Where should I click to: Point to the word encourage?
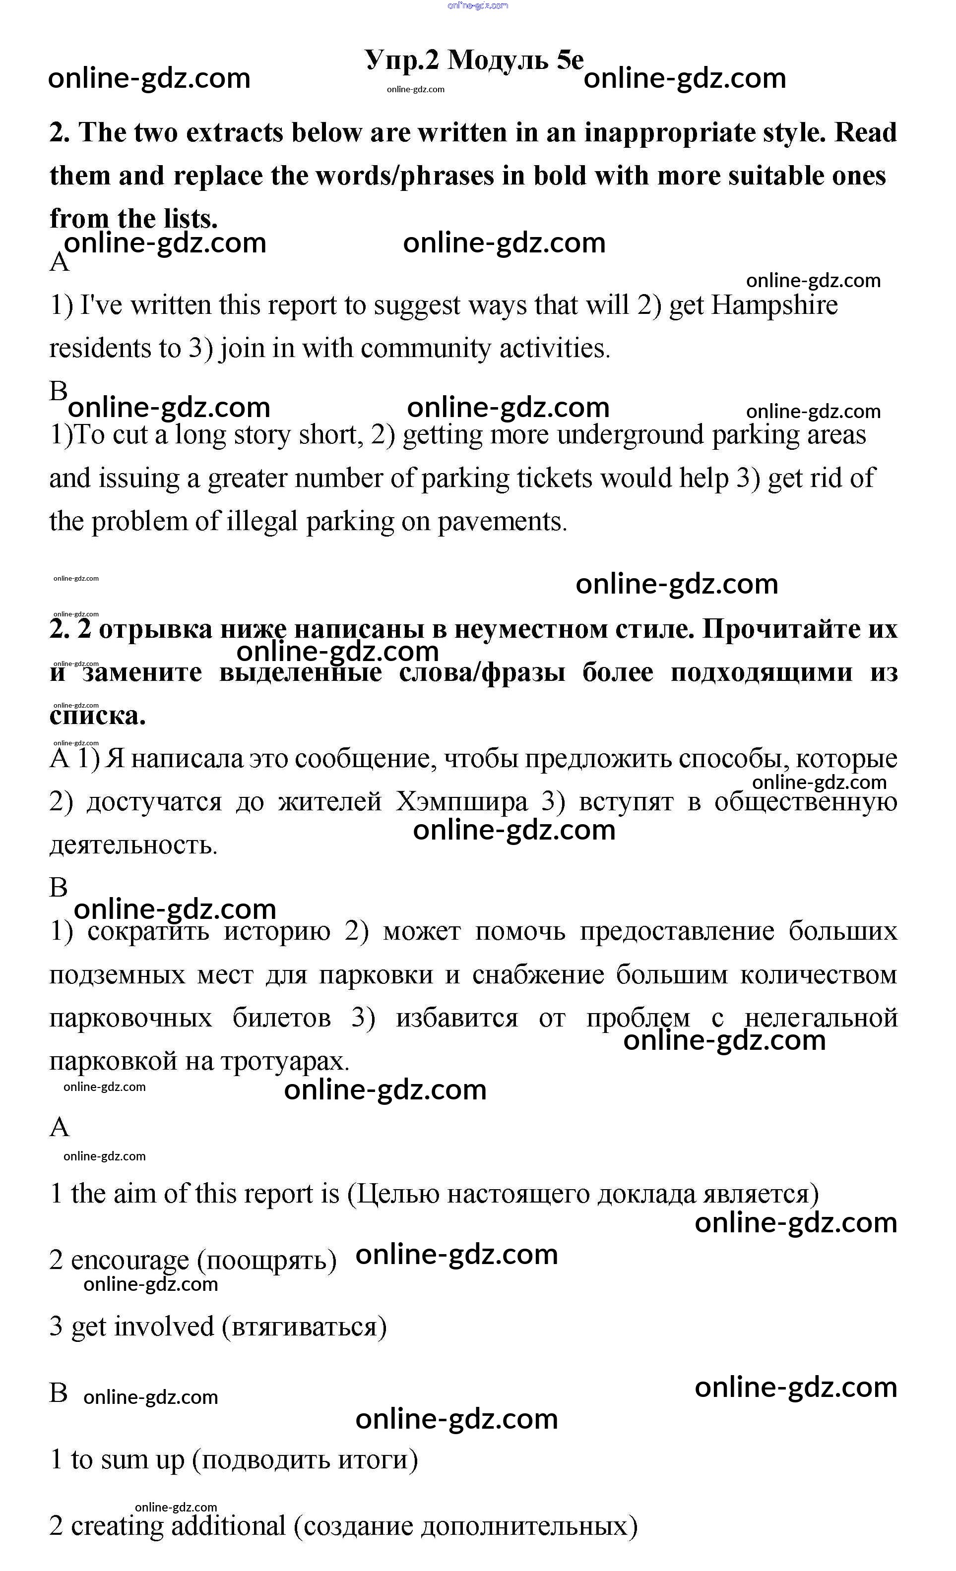129,1260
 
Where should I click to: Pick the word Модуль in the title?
498,60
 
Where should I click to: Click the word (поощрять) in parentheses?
266,1261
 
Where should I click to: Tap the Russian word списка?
98,716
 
